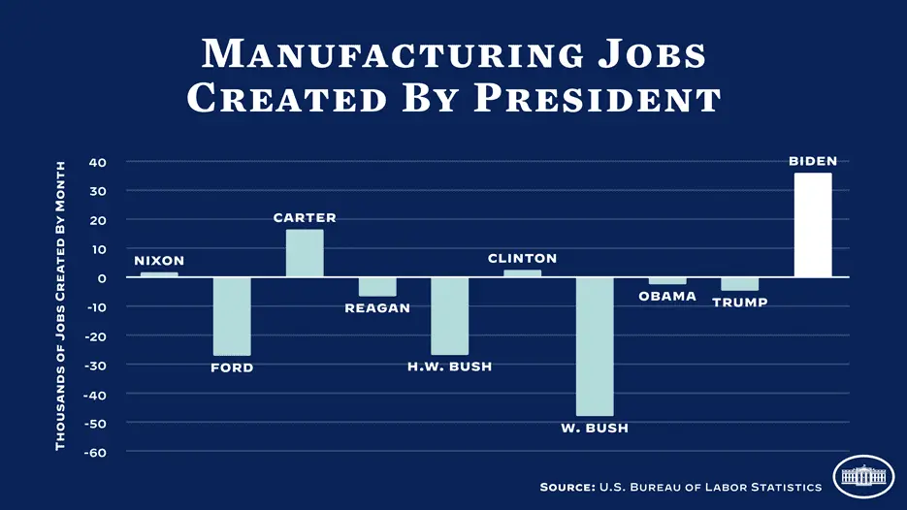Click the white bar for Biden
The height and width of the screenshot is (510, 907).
coord(813,225)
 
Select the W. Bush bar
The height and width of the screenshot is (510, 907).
coord(595,346)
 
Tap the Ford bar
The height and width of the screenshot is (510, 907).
coord(232,316)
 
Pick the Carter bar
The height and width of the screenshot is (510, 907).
coord(305,253)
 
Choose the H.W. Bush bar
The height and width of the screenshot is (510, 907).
coord(450,316)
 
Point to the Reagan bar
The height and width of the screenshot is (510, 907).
coord(377,287)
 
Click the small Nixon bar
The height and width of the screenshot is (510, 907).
coord(159,275)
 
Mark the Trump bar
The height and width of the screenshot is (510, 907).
coord(740,284)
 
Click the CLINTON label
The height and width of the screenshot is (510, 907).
coord(522,259)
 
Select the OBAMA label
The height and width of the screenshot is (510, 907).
coord(667,296)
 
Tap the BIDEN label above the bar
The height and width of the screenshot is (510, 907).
coord(813,161)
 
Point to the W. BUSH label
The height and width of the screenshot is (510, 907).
coord(595,428)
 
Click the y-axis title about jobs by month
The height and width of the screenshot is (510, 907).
coord(60,305)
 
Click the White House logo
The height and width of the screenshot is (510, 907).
coord(863,476)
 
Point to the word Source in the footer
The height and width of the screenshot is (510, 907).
coord(567,487)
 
